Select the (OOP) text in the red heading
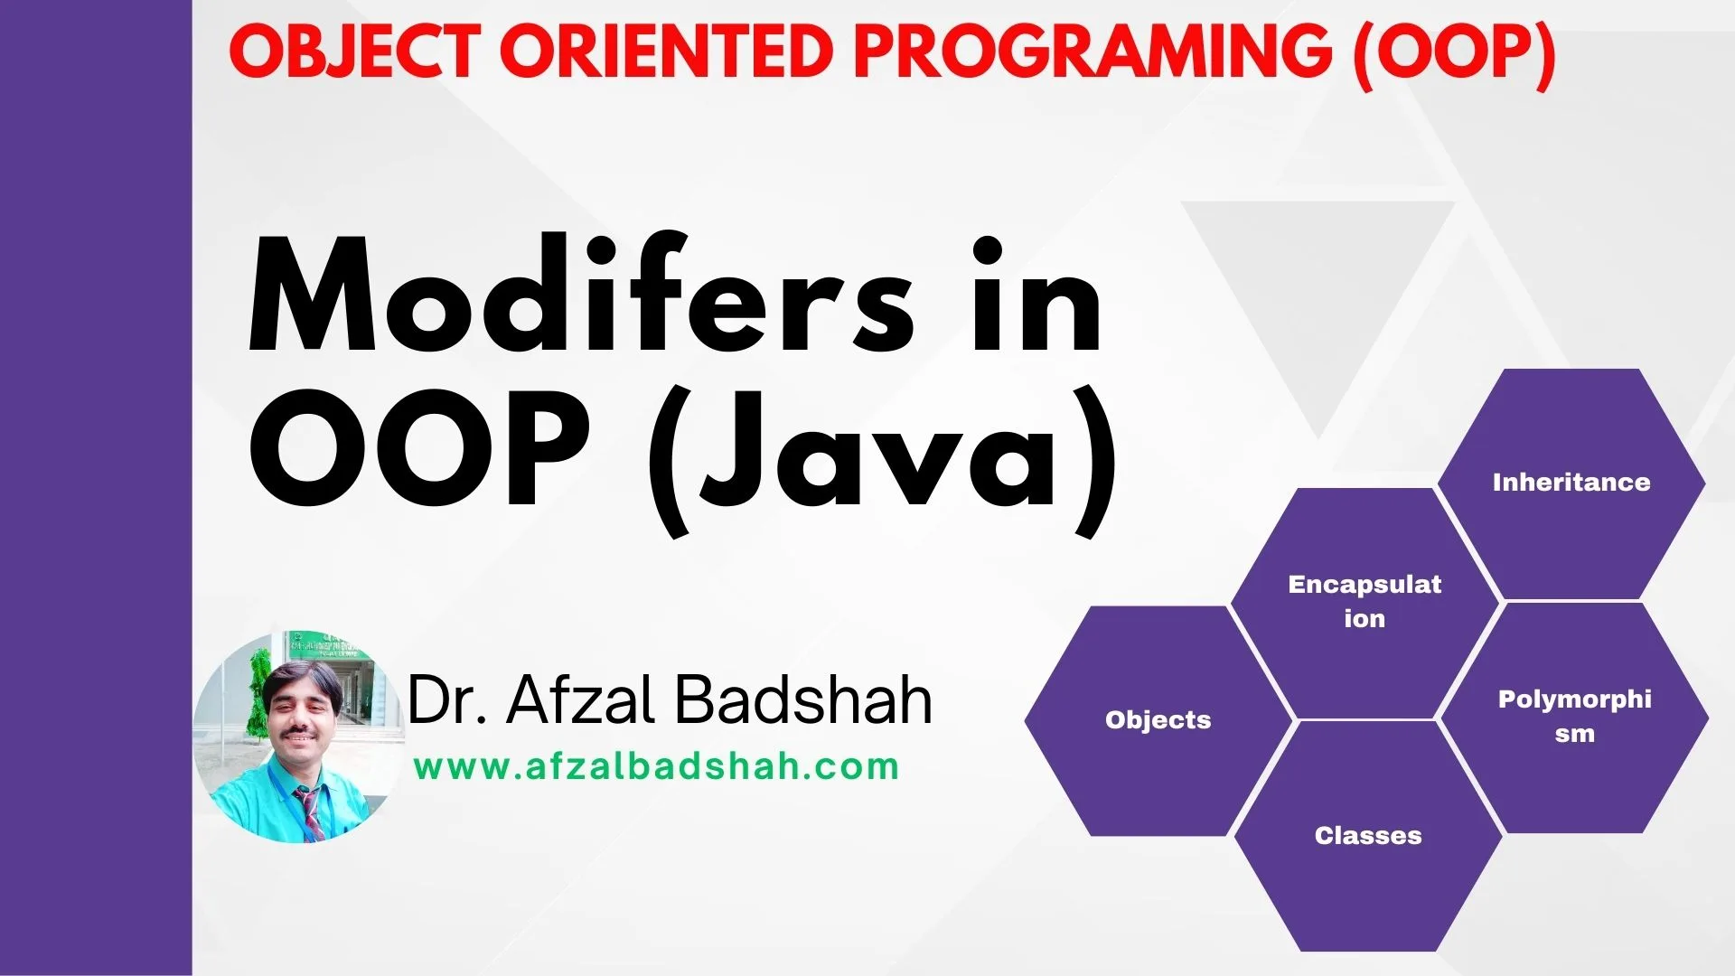tap(1453, 52)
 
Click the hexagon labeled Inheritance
tap(1571, 483)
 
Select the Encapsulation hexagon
tap(1364, 601)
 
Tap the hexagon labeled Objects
tap(1158, 720)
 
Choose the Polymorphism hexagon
tap(1574, 716)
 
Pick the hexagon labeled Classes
tap(1367, 836)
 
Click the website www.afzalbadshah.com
tap(656, 767)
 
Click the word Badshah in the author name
tap(804, 700)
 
